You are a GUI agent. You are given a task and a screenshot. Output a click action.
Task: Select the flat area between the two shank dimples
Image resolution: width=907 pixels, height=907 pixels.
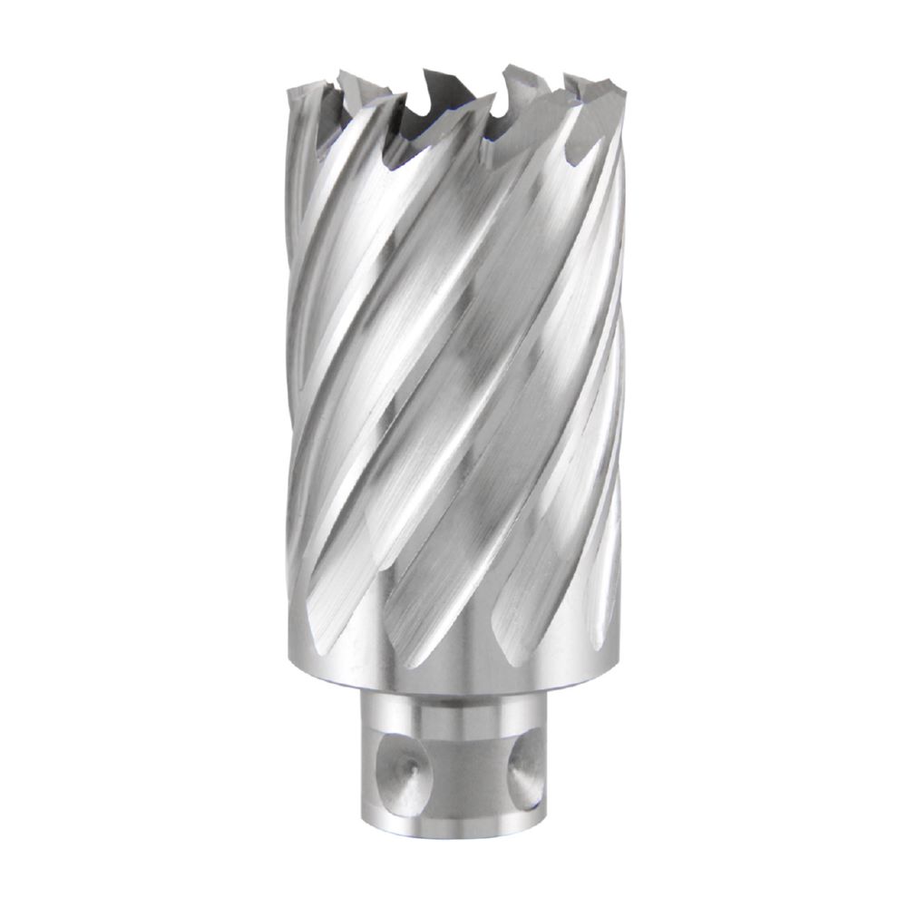click(x=463, y=771)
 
